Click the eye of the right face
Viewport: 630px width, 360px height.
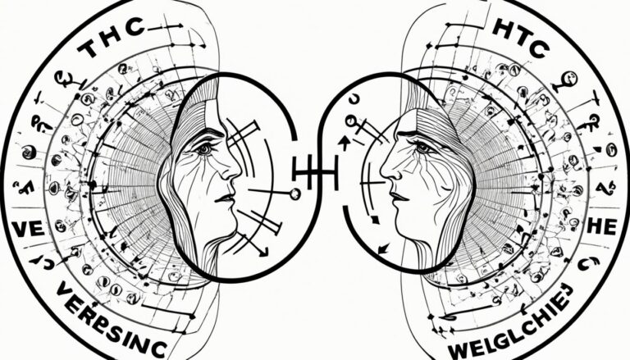(x=422, y=148)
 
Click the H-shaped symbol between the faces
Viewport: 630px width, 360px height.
(x=314, y=171)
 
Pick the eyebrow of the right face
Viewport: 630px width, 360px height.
(x=418, y=134)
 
